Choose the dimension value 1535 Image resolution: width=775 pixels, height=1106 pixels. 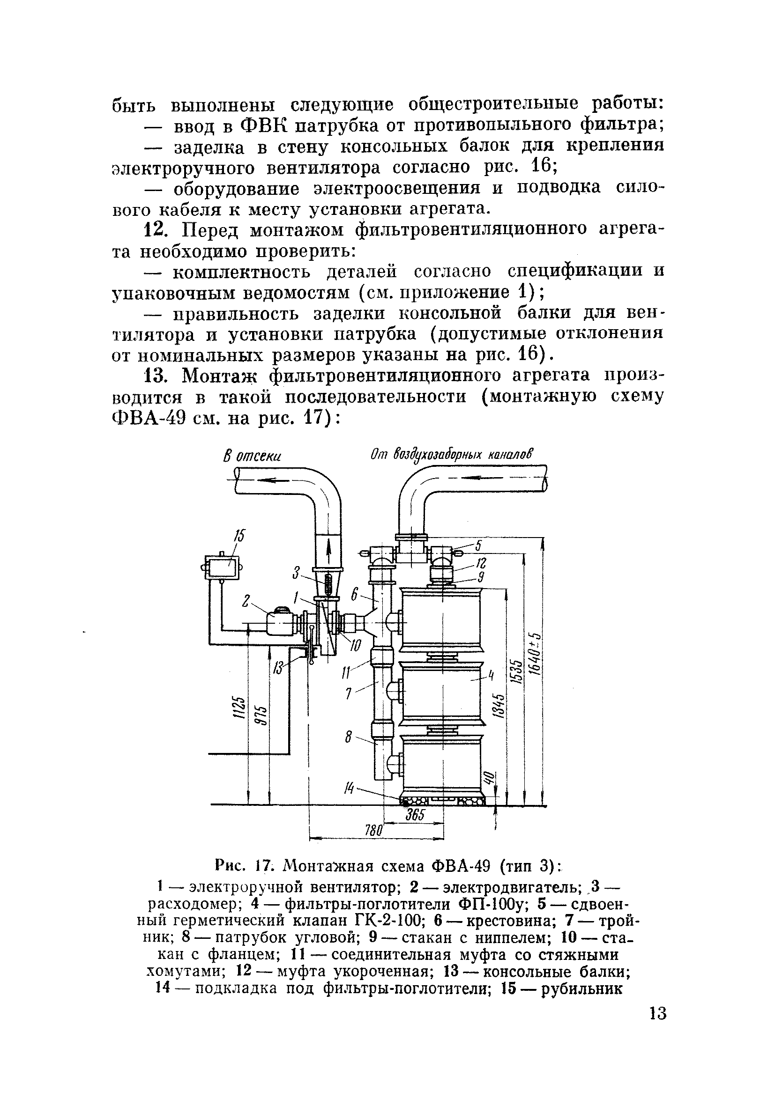coord(517,670)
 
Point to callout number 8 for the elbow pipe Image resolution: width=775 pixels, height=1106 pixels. coord(350,737)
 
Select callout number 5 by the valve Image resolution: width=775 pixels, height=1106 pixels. coord(478,546)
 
